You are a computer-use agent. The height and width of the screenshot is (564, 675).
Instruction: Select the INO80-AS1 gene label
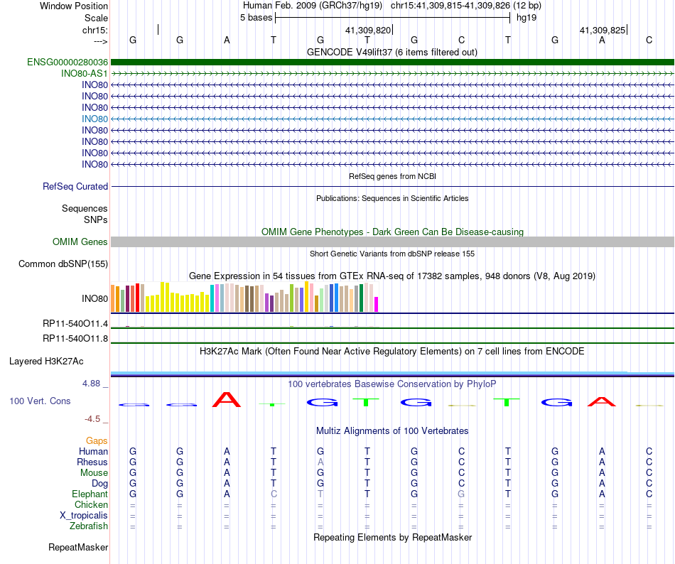(85, 74)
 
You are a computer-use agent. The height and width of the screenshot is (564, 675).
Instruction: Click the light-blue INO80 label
(94, 119)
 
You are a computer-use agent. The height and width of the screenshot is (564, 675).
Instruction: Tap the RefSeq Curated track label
(75, 187)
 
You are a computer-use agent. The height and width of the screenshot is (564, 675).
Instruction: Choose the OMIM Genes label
(80, 242)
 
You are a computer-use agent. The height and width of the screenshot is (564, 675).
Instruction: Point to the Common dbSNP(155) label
(63, 264)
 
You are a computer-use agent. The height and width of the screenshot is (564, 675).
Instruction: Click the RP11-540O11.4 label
(75, 324)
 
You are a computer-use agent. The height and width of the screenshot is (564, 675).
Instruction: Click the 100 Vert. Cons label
(40, 401)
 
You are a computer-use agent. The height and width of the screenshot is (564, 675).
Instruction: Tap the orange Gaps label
(97, 441)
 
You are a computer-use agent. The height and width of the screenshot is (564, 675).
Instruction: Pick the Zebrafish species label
(89, 526)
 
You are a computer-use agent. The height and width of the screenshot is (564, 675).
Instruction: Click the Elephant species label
(90, 494)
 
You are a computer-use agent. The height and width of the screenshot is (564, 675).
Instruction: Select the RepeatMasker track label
(78, 548)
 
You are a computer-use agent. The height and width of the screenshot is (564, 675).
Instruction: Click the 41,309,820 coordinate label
(368, 31)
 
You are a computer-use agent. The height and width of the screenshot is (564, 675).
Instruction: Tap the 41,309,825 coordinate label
(603, 31)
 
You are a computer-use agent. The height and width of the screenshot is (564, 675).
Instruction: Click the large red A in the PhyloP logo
(227, 400)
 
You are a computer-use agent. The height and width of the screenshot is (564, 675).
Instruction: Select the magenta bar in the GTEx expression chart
(376, 304)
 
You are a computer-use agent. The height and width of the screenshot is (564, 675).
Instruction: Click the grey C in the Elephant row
(274, 494)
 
